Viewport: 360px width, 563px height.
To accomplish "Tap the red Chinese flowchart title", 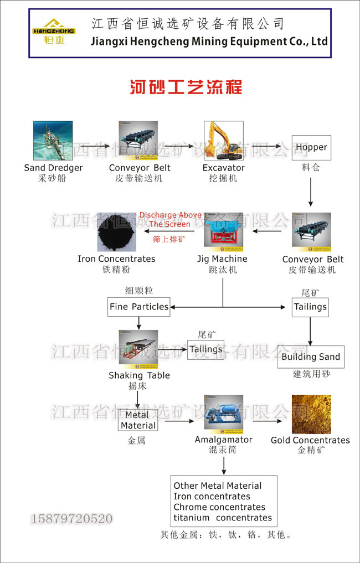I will click(x=186, y=87).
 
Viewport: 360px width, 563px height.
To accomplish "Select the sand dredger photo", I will click(x=53, y=141).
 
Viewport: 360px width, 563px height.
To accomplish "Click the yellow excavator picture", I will click(x=223, y=141).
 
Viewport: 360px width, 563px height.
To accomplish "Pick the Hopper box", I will click(x=311, y=148).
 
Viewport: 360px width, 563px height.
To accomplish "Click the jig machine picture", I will click(x=223, y=230).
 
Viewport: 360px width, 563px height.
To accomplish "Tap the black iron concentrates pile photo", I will click(x=116, y=231).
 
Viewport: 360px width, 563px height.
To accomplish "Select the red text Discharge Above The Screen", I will click(x=171, y=220).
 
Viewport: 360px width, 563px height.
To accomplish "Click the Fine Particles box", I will click(x=138, y=307).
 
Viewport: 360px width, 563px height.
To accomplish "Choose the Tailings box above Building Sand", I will click(x=310, y=307).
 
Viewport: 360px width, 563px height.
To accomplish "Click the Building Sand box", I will click(x=311, y=357).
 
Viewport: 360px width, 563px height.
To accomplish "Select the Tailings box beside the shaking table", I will click(x=206, y=350).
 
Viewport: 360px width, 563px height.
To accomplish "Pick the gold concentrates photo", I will click(x=311, y=414).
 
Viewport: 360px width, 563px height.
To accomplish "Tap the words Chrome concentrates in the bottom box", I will click(x=219, y=507).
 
